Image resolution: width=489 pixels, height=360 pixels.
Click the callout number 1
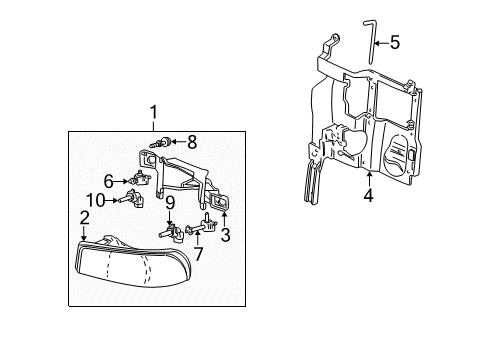pyautogui.click(x=154, y=112)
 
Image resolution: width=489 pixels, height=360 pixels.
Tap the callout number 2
pyautogui.click(x=84, y=216)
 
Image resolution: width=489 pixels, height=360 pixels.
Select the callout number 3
pyautogui.click(x=224, y=235)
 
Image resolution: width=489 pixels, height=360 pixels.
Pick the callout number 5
pyautogui.click(x=395, y=42)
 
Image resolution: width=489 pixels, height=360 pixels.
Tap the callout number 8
pyautogui.click(x=192, y=142)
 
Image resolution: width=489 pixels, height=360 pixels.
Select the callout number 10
pyautogui.click(x=98, y=198)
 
